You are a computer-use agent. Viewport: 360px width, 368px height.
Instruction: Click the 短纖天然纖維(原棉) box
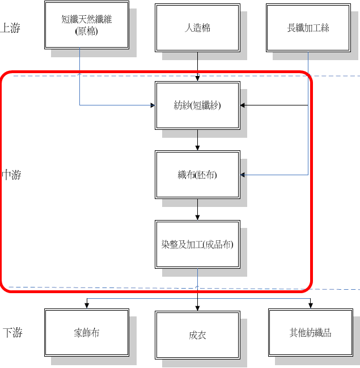tap(87, 26)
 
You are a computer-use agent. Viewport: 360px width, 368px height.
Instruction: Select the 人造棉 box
tap(197, 27)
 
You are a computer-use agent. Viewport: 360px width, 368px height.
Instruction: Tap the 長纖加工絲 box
tap(308, 27)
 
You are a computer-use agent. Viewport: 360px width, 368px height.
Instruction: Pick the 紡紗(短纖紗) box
tap(197, 105)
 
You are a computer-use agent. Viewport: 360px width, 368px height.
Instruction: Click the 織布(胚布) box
tap(197, 175)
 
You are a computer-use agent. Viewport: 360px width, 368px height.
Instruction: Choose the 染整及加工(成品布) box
tap(197, 244)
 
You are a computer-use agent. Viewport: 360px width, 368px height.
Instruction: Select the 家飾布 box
tap(87, 333)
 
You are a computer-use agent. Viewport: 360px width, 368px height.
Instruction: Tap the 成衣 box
tap(197, 335)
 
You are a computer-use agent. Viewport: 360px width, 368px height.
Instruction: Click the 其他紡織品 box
tap(310, 333)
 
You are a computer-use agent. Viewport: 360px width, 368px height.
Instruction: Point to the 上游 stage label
tap(10, 28)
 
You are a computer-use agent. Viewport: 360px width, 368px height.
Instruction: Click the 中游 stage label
tap(11, 175)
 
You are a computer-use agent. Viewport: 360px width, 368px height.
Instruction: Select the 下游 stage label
tap(12, 333)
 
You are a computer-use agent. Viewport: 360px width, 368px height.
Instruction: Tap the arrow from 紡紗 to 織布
tap(197, 139)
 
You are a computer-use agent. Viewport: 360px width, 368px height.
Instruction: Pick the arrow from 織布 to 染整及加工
tap(197, 209)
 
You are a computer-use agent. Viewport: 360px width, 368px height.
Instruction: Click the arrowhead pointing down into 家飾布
tap(86, 306)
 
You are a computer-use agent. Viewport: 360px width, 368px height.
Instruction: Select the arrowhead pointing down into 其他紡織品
tap(310, 306)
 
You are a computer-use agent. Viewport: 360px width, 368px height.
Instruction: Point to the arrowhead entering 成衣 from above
tap(197, 308)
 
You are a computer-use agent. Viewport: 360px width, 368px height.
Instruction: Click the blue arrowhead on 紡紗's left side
tap(152, 105)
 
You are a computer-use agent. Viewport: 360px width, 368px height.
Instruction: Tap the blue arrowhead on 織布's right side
tap(243, 175)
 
